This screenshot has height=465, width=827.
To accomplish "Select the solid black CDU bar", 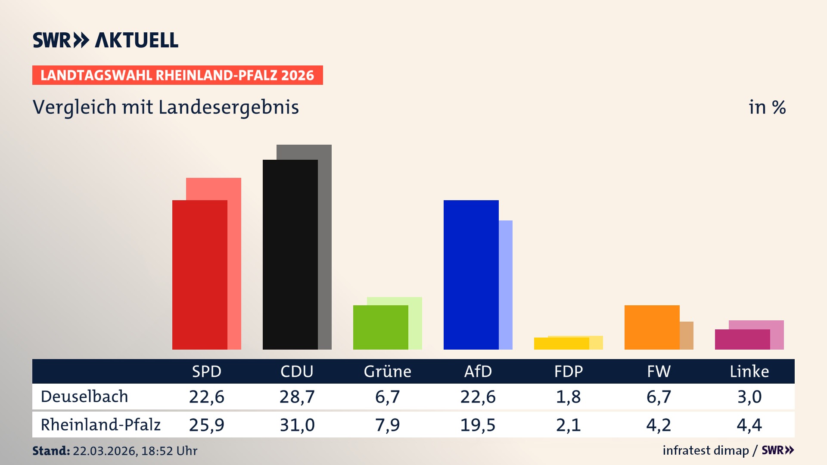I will coord(290,254).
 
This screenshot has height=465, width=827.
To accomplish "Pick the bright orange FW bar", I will coord(652,327).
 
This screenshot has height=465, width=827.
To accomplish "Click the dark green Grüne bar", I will coord(380,327).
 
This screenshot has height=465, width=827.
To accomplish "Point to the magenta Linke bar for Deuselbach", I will coord(742,339).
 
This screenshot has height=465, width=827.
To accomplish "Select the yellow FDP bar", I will coord(561,344).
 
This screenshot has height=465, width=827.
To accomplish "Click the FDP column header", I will coord(568,371).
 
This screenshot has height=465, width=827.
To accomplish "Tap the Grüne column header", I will coord(387,371).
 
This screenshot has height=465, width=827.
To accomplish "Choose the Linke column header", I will coord(749,371).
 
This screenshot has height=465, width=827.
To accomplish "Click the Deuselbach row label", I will coord(84,397).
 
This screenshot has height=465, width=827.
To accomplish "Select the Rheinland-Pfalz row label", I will coord(100,425).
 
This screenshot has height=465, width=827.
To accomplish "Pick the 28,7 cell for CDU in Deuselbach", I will coord(297,397).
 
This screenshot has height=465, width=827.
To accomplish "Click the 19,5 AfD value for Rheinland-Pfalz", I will coord(478,425).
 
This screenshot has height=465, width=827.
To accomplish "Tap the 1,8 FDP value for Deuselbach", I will coord(568,397).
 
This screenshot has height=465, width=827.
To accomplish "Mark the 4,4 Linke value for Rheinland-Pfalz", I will coord(749,425).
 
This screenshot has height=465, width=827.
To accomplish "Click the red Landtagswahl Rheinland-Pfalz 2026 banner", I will coord(177,75).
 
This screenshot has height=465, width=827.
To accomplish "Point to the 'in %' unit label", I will coord(767,107).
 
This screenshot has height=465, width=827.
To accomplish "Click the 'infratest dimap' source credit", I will coord(706,450).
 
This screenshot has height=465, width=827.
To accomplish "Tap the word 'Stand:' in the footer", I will coord(51,451).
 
